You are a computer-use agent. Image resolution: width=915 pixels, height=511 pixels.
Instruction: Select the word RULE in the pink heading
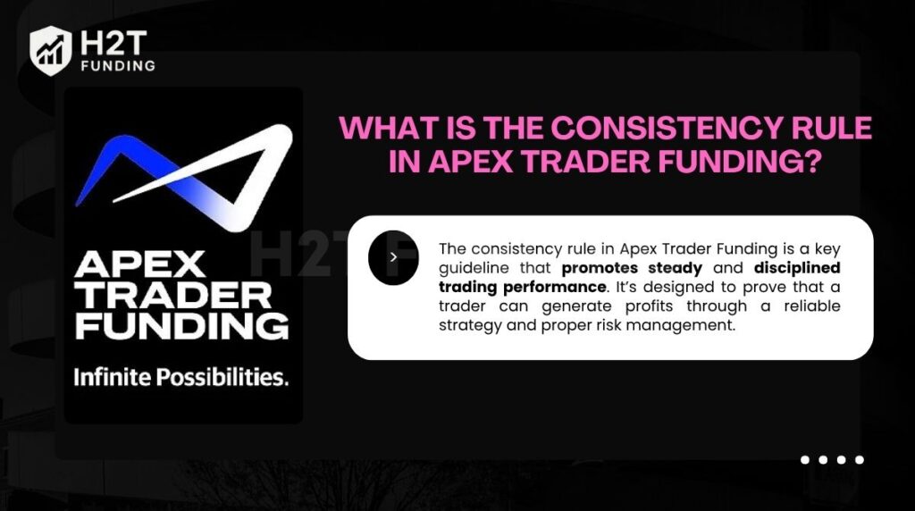tap(829, 129)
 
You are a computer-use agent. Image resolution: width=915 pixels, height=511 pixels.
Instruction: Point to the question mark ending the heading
tap(810, 163)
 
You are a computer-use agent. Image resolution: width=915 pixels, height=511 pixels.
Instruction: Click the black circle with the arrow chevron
tap(393, 257)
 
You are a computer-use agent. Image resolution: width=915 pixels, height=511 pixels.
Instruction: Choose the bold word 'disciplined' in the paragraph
tap(797, 267)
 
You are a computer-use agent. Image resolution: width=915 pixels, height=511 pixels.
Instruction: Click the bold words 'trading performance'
tap(522, 287)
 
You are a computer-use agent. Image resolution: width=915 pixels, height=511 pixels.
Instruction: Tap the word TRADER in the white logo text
tap(172, 295)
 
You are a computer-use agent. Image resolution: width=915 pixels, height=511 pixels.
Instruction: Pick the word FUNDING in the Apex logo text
tap(181, 324)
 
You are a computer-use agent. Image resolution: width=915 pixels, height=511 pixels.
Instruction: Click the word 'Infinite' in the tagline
tap(112, 377)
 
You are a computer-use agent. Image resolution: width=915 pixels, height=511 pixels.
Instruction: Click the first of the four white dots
tap(805, 460)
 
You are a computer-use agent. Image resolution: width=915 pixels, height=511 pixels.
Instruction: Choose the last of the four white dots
tap(859, 460)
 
